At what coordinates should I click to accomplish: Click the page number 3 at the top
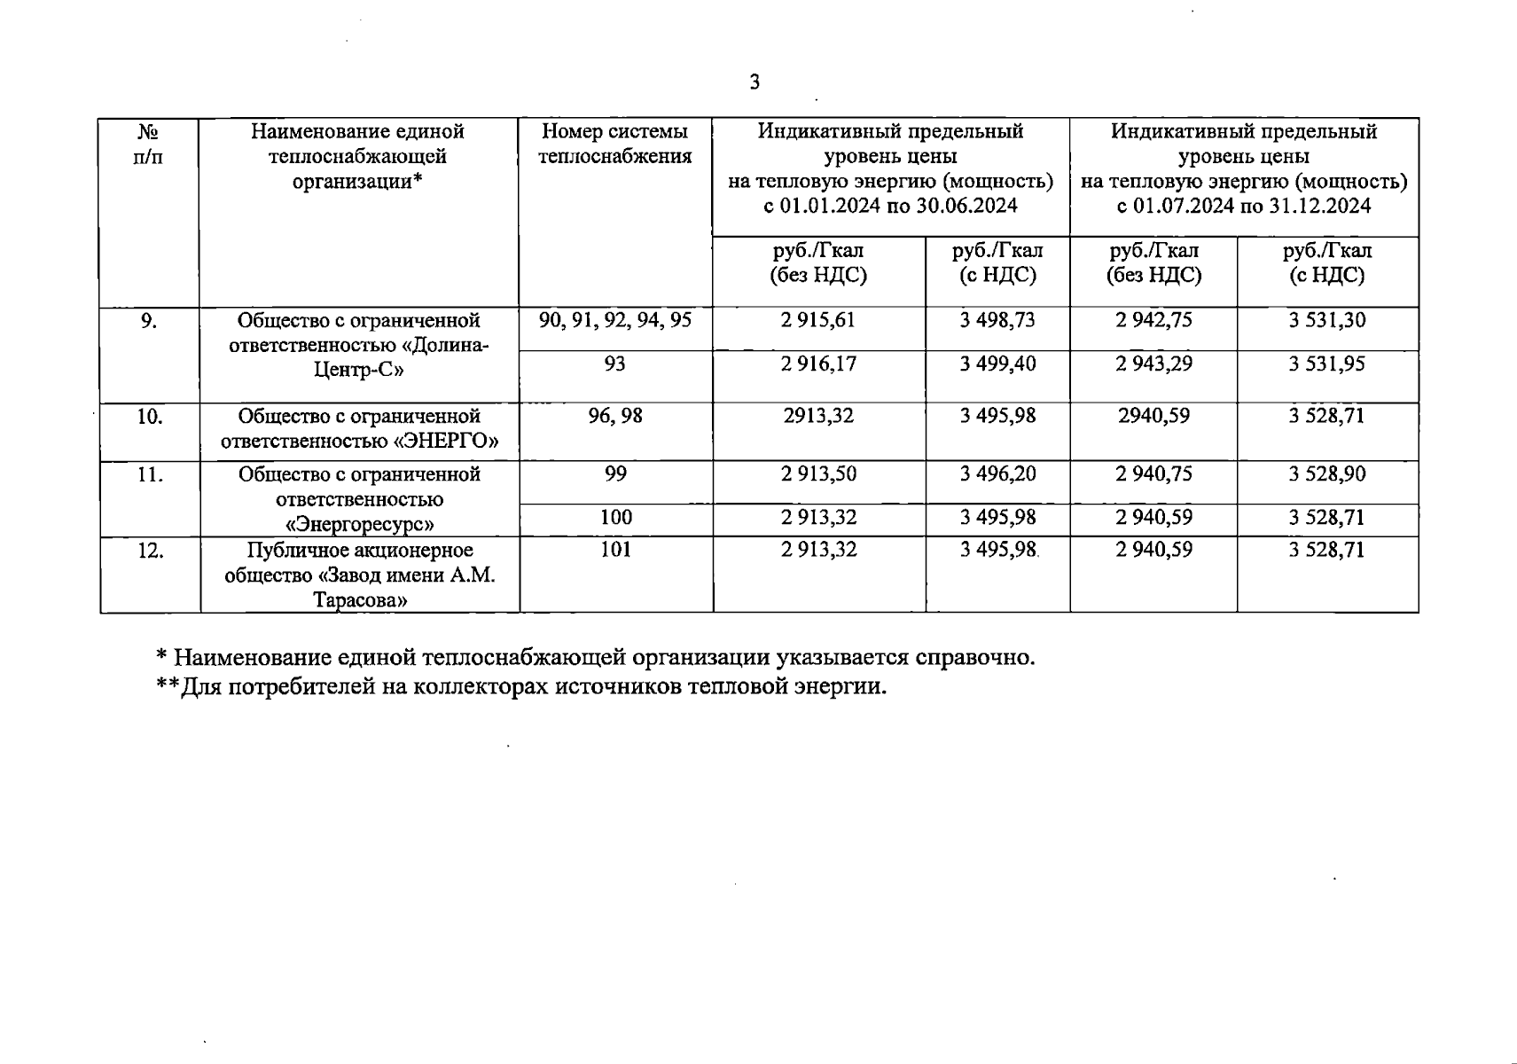tap(755, 83)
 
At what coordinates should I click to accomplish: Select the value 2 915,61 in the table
tap(818, 320)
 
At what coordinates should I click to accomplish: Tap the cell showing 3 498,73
tap(997, 320)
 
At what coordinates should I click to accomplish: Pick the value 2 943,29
tap(1153, 364)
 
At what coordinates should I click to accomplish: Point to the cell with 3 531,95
tap(1326, 364)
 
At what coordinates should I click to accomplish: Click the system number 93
tap(614, 364)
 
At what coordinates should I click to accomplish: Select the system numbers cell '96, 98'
tap(615, 416)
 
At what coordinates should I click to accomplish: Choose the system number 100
tap(616, 517)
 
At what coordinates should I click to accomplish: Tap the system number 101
tap(616, 550)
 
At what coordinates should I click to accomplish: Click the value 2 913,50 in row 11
tap(818, 473)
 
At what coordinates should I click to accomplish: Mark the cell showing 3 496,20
tap(997, 473)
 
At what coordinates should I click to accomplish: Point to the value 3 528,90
tap(1326, 473)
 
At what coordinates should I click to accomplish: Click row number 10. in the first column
tap(149, 416)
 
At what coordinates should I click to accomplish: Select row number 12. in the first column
tap(149, 550)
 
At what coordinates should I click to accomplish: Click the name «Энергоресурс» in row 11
tap(359, 524)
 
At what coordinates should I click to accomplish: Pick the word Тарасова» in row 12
tap(359, 600)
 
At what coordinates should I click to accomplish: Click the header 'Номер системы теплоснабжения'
tap(615, 145)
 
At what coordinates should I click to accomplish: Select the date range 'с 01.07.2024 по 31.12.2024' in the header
tap(1244, 207)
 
